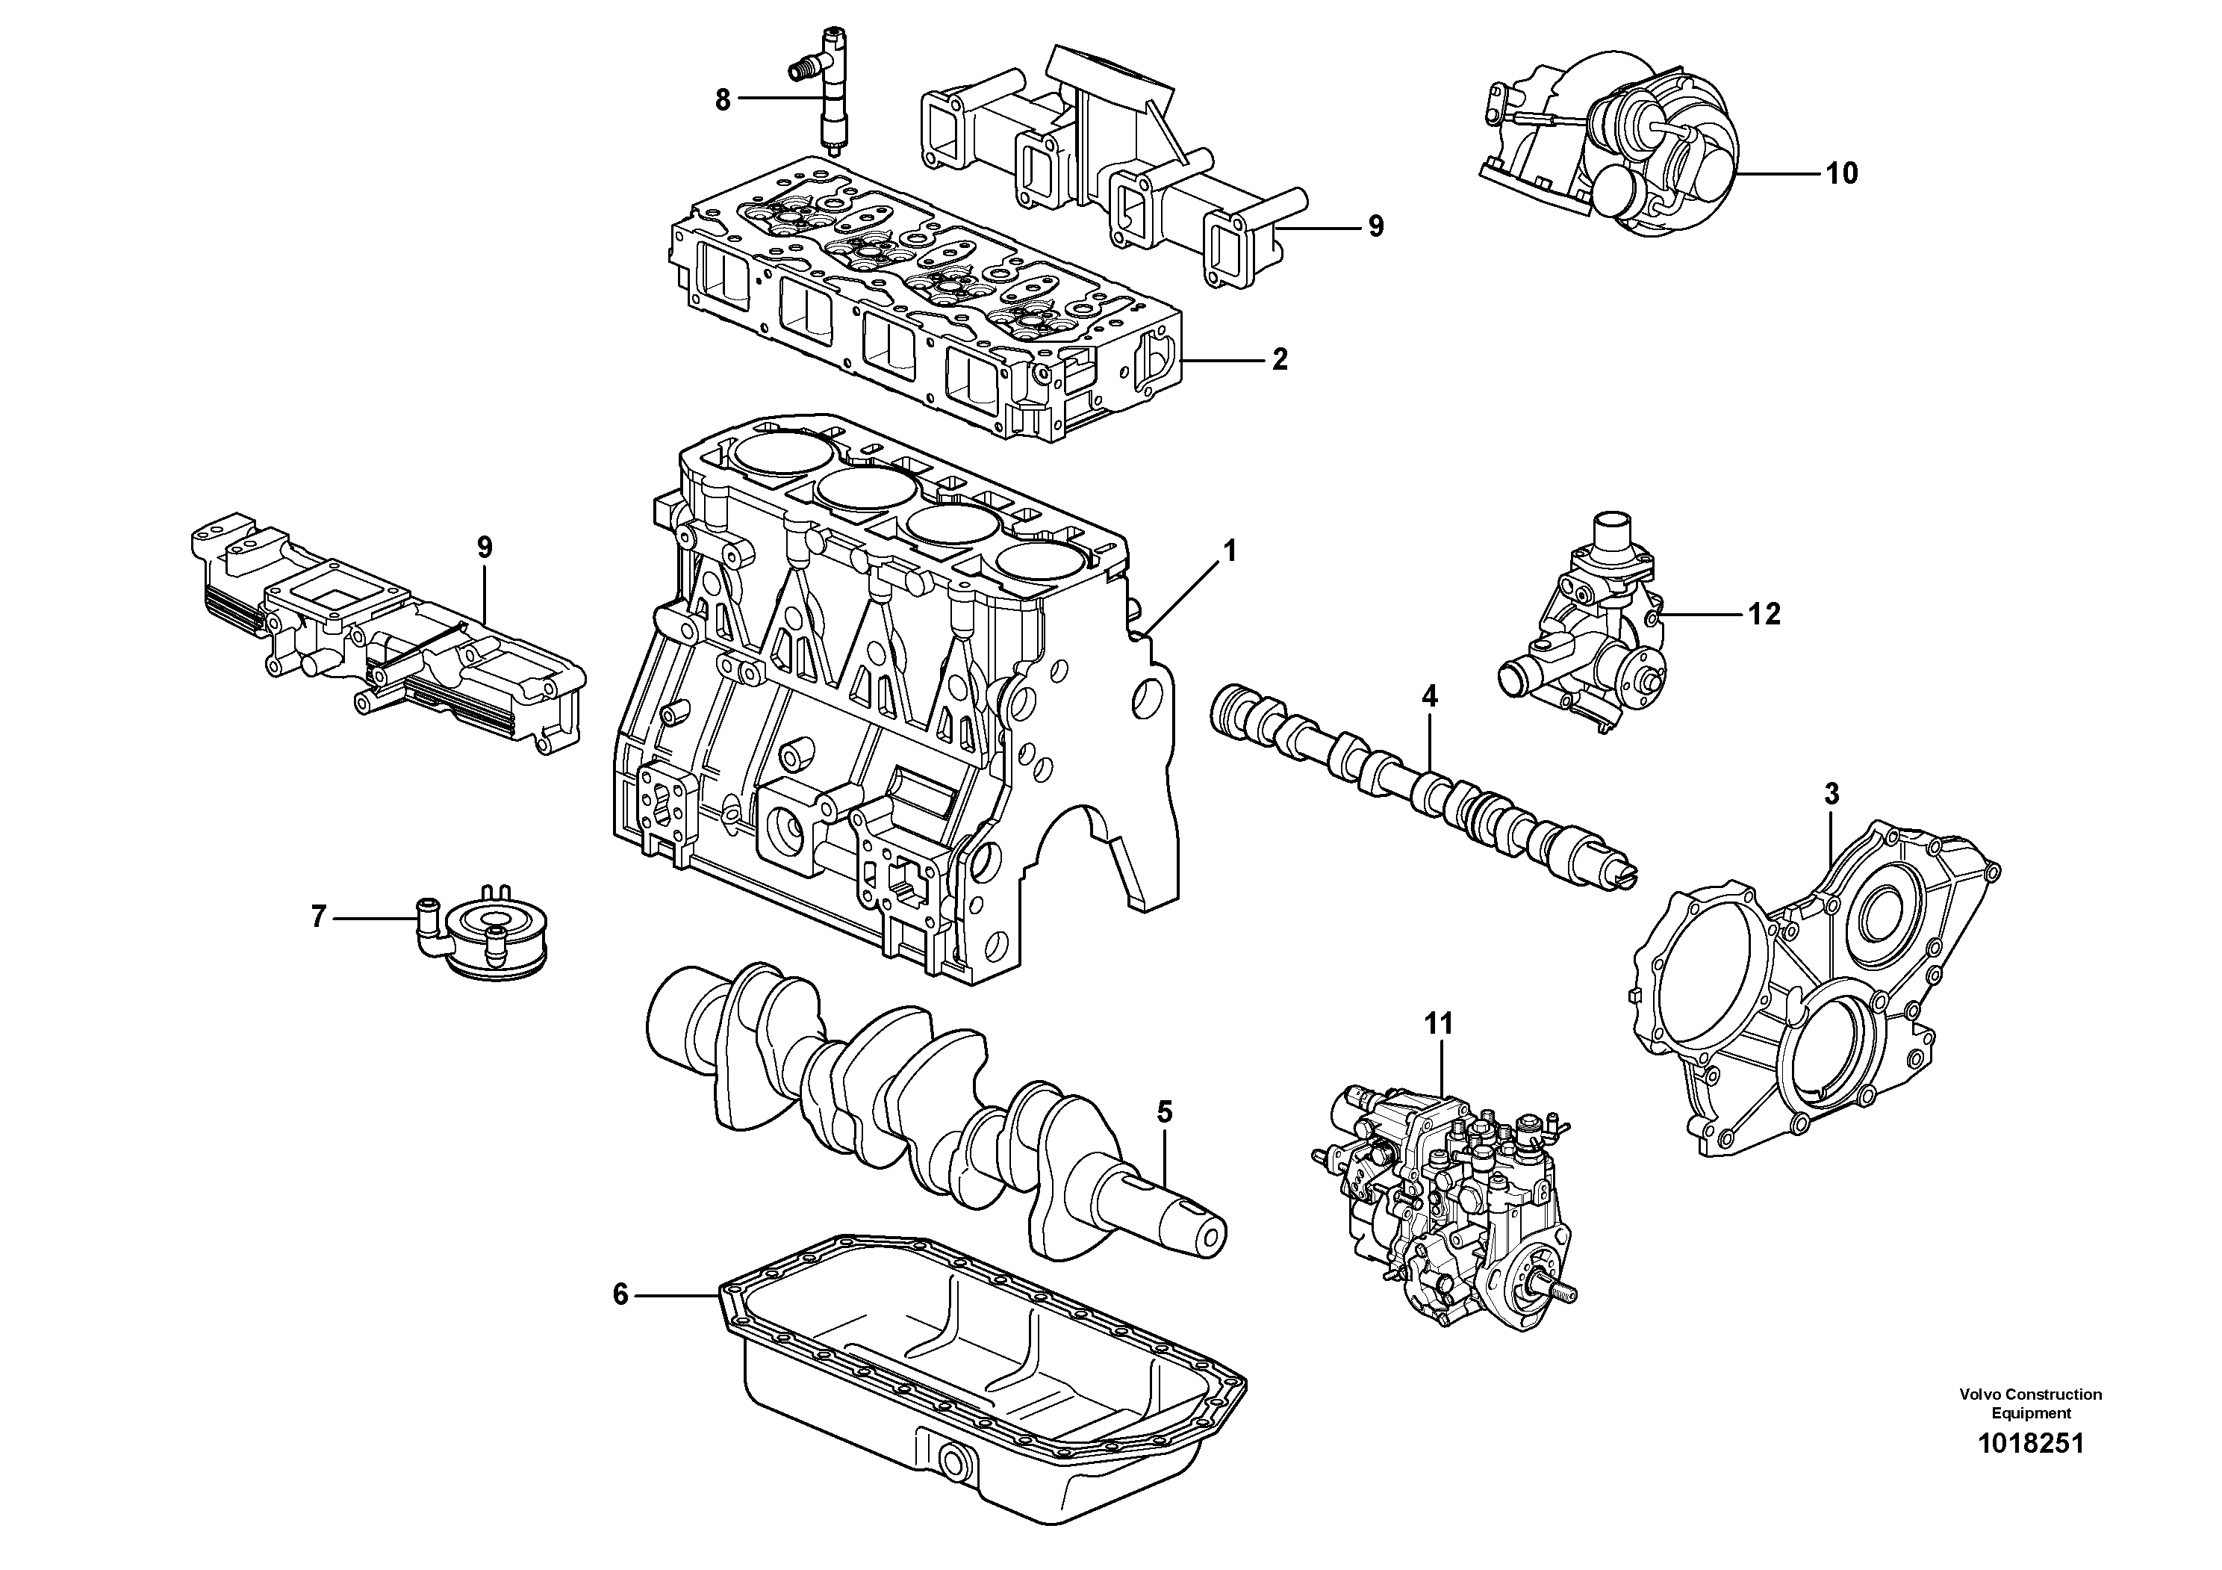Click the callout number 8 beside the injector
click(722, 99)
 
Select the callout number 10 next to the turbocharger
click(1842, 174)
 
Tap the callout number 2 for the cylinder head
click(1280, 360)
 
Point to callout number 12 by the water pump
click(1764, 614)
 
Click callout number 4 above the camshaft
click(1429, 696)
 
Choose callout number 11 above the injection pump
click(1438, 1023)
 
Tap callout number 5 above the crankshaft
click(1164, 1112)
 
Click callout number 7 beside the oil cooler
click(318, 916)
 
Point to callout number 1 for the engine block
click(1229, 552)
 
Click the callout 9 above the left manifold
click(485, 547)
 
